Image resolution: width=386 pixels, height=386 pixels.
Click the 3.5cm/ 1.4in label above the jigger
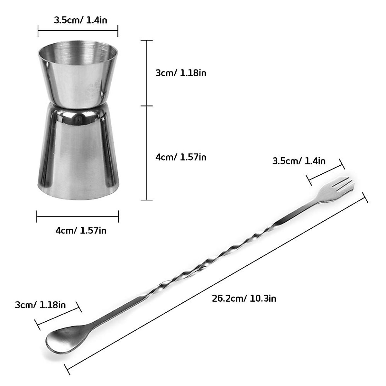tap(80, 20)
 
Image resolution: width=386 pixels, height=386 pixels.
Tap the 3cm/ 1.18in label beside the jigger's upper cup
tap(181, 73)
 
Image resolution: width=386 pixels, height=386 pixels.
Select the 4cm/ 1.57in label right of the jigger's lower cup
tap(181, 157)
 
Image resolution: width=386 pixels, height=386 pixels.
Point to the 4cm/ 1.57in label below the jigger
tap(81, 230)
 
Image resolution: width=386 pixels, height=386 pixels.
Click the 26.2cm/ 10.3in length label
tap(244, 299)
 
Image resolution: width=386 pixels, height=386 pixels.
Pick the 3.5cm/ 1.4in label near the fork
tap(299, 161)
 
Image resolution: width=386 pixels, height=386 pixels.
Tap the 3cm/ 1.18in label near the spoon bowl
tap(40, 305)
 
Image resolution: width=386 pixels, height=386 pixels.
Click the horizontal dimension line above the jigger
tap(78, 31)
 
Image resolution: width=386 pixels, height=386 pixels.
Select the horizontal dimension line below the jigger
tap(78, 216)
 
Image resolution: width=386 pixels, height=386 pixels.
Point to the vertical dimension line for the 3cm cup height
tap(147, 73)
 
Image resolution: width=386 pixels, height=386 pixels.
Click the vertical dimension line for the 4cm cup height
tap(147, 153)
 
